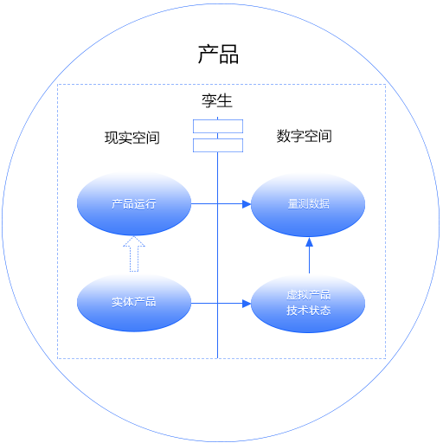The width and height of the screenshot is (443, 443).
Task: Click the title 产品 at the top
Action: coord(218,55)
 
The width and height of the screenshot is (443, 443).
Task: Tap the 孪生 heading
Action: coord(217,101)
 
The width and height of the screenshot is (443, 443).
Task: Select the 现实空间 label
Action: coord(132,138)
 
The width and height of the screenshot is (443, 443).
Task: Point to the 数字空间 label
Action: coord(305,136)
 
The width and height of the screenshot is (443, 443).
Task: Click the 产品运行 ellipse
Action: coord(134,204)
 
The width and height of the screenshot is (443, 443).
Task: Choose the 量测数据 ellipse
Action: coord(308,205)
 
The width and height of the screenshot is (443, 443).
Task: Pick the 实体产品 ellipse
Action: coord(134,303)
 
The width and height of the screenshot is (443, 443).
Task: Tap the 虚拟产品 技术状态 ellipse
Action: coord(308,304)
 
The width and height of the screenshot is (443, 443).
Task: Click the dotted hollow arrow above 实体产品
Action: coord(134,254)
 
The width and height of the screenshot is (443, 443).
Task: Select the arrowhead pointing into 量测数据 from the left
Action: coord(247,204)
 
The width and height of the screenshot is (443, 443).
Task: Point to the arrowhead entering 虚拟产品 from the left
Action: coord(247,304)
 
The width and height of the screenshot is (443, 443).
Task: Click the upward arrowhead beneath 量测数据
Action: coord(309,242)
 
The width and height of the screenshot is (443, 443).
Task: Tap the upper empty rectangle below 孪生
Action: coord(218,126)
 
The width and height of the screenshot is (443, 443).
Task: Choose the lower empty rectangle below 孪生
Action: coord(218,145)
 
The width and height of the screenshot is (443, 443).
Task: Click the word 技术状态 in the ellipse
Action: coord(309,311)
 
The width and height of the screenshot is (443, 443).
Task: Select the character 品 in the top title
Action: coord(229,55)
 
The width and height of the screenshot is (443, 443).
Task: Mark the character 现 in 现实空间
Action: coord(112,138)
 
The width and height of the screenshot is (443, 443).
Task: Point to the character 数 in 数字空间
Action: coord(284,136)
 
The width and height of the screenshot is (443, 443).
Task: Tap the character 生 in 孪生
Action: coord(225,101)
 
